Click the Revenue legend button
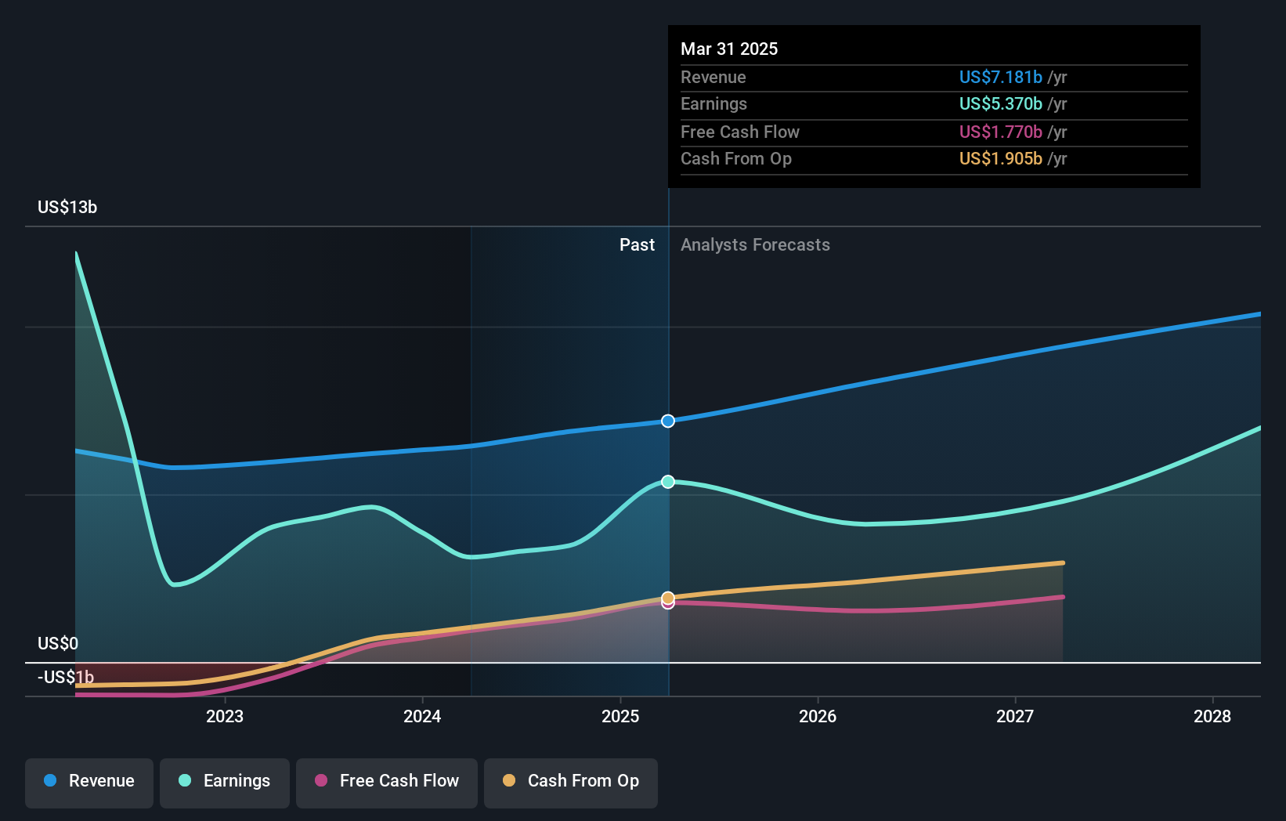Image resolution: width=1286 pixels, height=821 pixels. (89, 781)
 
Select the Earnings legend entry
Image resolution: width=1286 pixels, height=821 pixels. (225, 781)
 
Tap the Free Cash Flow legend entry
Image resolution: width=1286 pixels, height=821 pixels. (387, 781)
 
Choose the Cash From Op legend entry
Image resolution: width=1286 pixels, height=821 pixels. (571, 781)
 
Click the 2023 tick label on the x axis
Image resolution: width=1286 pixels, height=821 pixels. (225, 716)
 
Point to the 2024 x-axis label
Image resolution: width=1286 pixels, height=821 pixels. (422, 716)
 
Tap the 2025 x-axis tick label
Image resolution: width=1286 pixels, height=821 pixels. (620, 716)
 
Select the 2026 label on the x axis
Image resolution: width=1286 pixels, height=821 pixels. (818, 716)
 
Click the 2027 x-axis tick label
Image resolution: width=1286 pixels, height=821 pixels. (1015, 716)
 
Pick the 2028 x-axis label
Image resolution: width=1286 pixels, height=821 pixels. (1212, 716)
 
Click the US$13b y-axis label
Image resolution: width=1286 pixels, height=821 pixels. (67, 208)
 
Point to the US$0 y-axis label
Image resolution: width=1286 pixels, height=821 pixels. (58, 644)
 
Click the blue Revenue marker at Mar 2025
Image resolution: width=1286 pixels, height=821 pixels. (668, 421)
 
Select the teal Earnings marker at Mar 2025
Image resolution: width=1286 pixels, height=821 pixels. (668, 482)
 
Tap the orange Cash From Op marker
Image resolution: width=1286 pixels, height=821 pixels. (668, 598)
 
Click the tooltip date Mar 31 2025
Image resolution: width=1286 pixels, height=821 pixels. (729, 49)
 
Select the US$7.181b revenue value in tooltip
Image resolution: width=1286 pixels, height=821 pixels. (1001, 78)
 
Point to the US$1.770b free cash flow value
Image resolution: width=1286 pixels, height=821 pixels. (1001, 132)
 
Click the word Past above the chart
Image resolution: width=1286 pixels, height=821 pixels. (637, 245)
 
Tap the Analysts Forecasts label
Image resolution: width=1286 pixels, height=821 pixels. (755, 245)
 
